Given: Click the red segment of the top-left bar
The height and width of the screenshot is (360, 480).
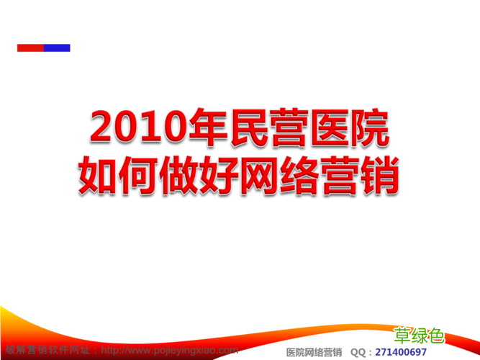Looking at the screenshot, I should click(31, 48).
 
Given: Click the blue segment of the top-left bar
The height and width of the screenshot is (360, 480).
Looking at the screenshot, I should click(58, 48).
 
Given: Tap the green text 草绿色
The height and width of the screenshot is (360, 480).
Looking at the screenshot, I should click(420, 335).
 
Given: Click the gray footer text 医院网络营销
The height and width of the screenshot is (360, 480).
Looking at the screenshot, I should click(314, 352).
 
